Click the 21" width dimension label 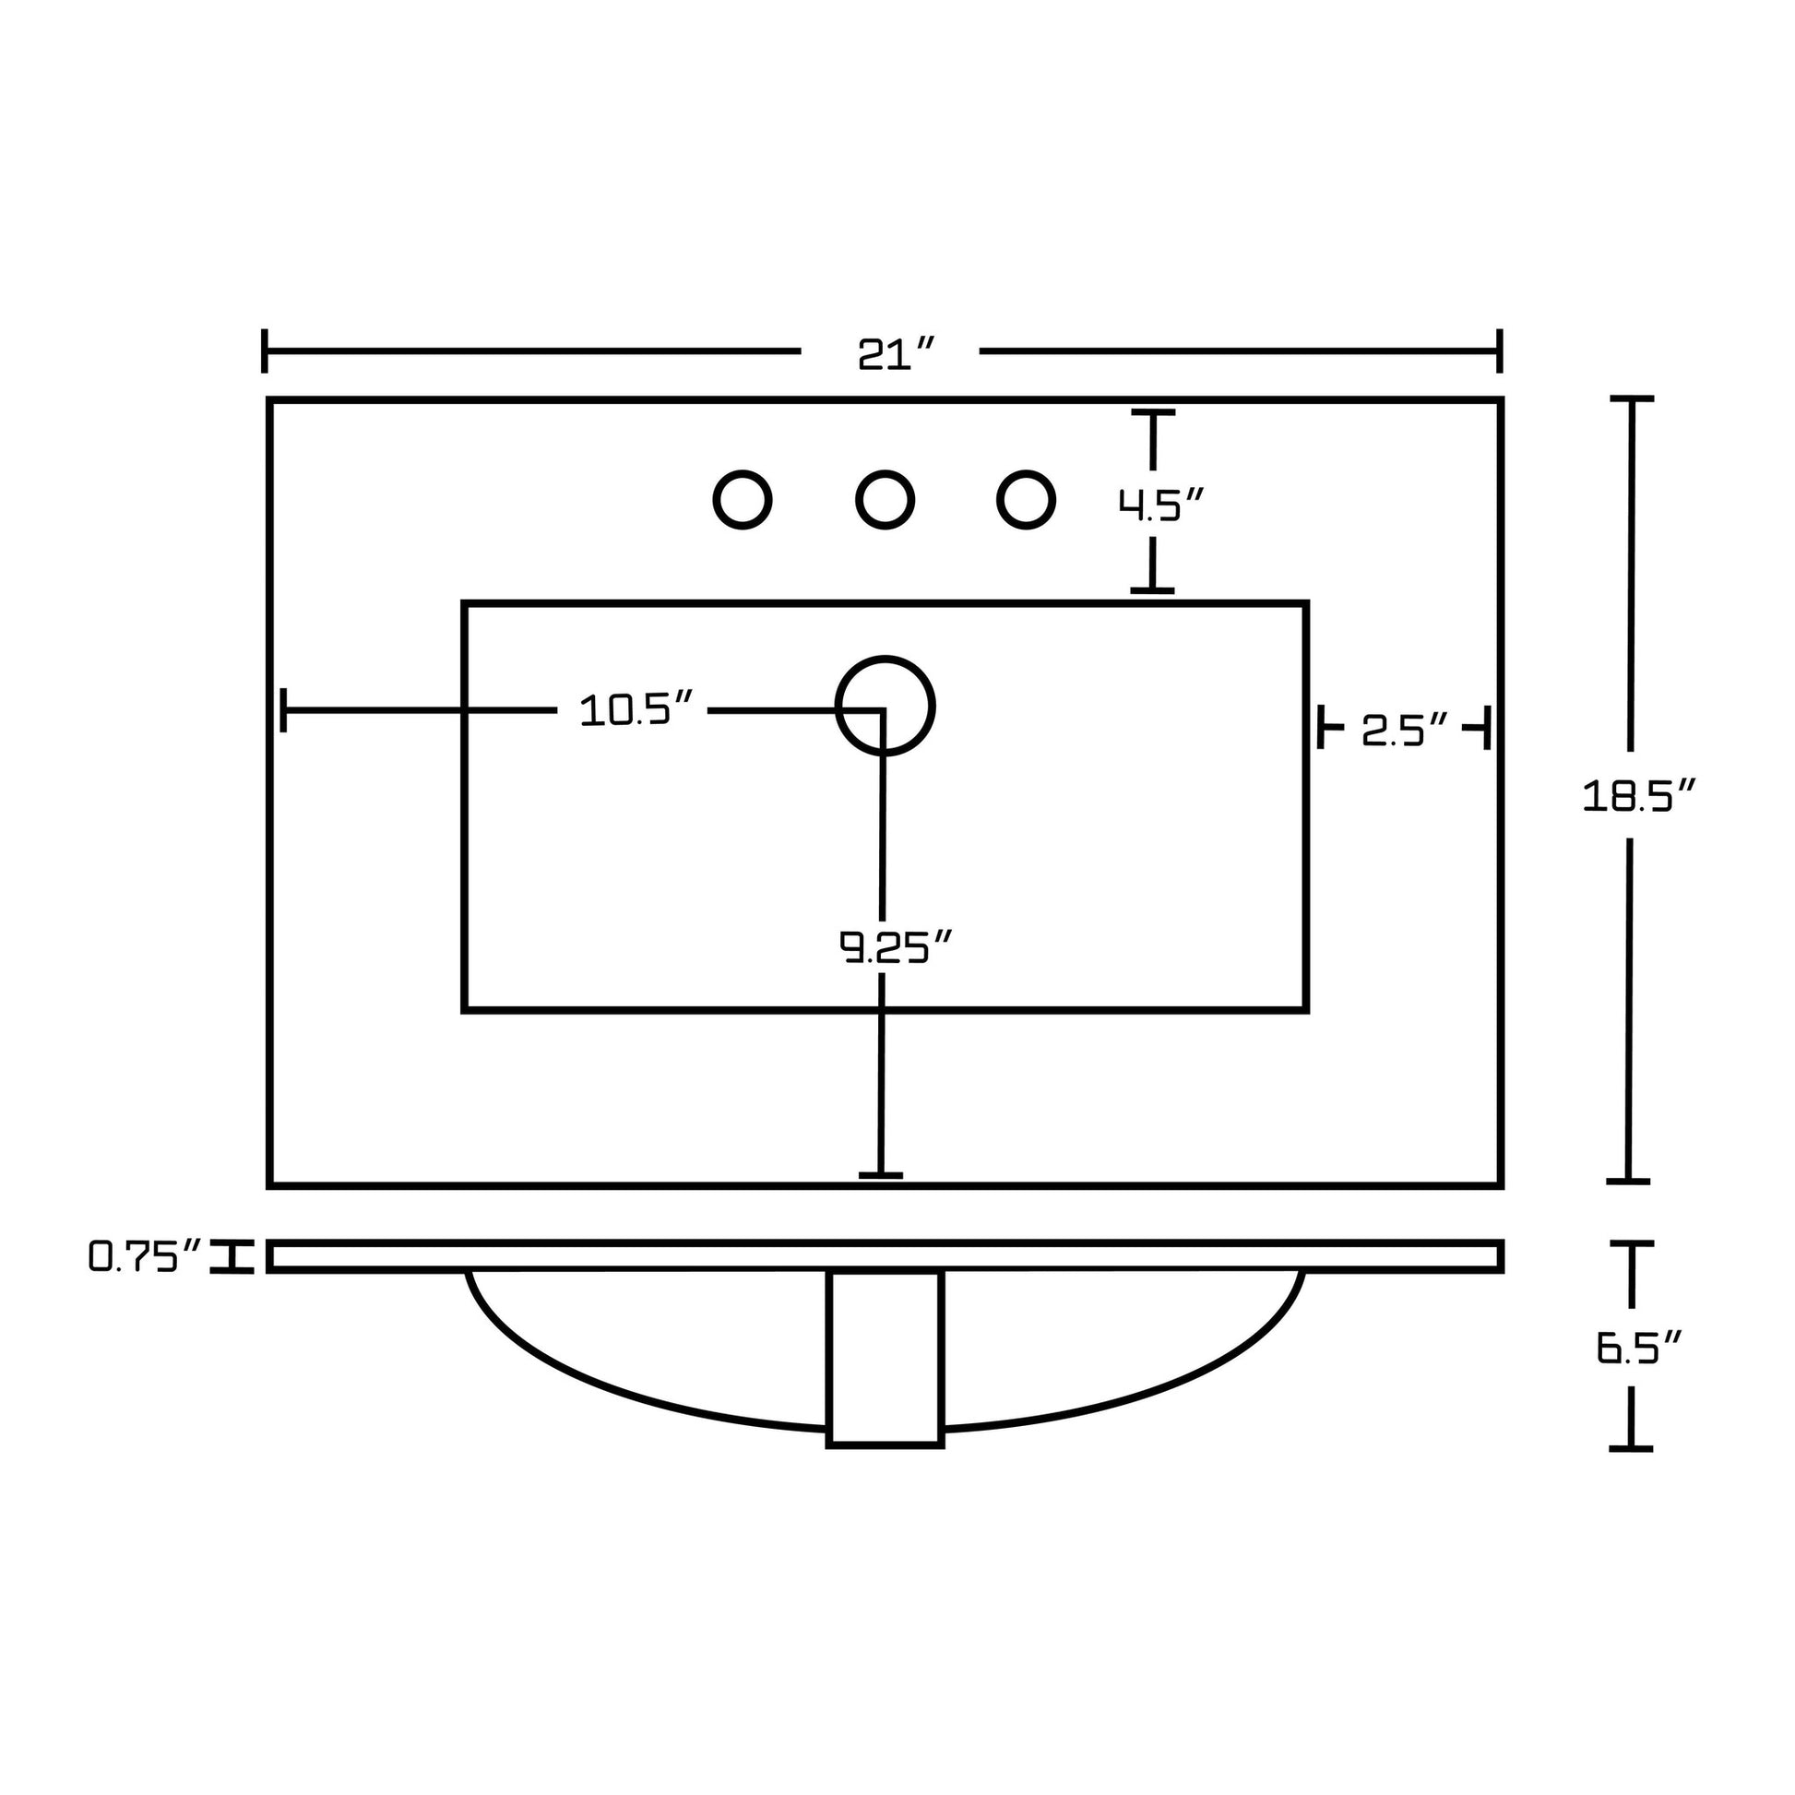[895, 353]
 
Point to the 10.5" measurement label [636, 711]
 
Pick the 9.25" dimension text [896, 946]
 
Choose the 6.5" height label [1640, 1348]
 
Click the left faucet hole [743, 500]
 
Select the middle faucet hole [885, 500]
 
